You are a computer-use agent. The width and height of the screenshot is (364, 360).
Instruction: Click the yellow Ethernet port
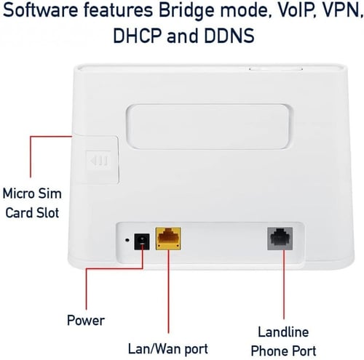coord(168,238)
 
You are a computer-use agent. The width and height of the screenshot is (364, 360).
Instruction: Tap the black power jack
coord(142,241)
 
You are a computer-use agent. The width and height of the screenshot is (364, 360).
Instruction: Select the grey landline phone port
coord(280,239)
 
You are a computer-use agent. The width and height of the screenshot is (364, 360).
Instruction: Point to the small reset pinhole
coord(127,240)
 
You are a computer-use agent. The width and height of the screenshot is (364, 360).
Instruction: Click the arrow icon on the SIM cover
coord(99,160)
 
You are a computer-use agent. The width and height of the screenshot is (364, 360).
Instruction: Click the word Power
coord(86,320)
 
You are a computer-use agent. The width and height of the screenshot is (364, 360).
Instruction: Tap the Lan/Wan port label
coord(168,349)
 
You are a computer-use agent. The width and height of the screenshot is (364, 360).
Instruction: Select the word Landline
coord(283,332)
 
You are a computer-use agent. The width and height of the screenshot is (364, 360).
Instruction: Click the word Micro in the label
coord(18,193)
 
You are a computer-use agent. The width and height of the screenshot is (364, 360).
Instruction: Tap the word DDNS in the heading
coord(229,36)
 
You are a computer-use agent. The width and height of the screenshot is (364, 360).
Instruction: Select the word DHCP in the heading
coord(138,36)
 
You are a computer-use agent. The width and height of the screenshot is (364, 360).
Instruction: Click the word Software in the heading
coord(41,10)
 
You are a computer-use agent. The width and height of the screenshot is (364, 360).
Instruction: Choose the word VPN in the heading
coord(336,11)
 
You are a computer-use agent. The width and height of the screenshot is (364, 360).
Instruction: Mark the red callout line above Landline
coord(284,284)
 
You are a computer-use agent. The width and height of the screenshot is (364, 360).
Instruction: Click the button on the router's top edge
coord(276,69)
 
